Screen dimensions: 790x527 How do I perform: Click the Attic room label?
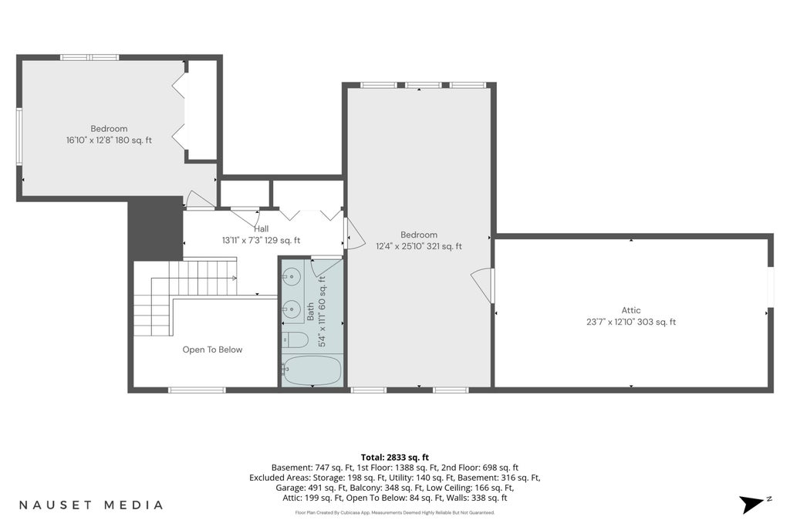coord(631,310)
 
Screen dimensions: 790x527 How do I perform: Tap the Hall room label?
coord(261,228)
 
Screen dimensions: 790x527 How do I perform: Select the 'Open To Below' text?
coord(212,350)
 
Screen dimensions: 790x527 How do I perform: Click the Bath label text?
coord(310,312)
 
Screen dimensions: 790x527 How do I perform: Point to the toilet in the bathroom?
coord(295,340)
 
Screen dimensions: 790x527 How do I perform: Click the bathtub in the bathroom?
coord(312,371)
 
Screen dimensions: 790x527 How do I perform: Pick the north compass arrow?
coord(753,504)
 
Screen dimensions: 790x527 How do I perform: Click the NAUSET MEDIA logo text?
coord(91,505)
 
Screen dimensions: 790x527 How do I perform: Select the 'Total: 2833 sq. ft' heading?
coord(394,458)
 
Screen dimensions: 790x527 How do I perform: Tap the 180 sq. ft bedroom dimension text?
coord(133,140)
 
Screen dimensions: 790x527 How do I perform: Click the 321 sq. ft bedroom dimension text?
coord(444,246)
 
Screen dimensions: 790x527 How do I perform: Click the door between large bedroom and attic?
coord(484,285)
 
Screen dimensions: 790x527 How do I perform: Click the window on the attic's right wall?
coord(770,287)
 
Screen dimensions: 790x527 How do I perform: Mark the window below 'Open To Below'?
coord(197,390)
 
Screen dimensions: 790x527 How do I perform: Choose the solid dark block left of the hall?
coord(155,228)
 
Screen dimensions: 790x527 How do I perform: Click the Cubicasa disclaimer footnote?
coord(394,513)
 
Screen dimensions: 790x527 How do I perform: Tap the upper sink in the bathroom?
coord(291,276)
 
